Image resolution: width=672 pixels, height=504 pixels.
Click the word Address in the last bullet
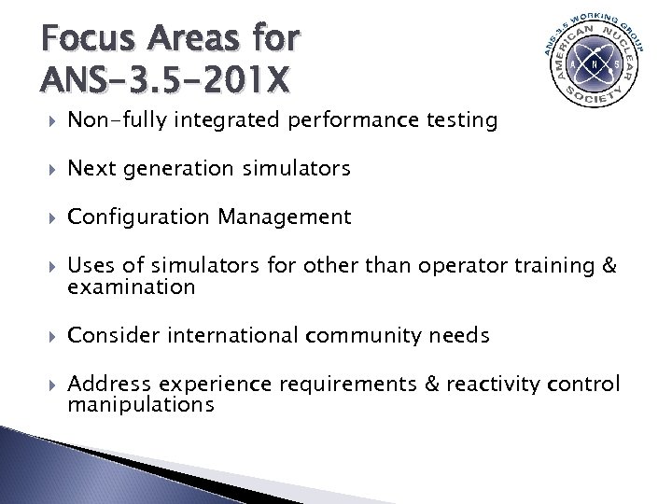106,385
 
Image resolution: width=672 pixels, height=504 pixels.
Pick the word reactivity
497,385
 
